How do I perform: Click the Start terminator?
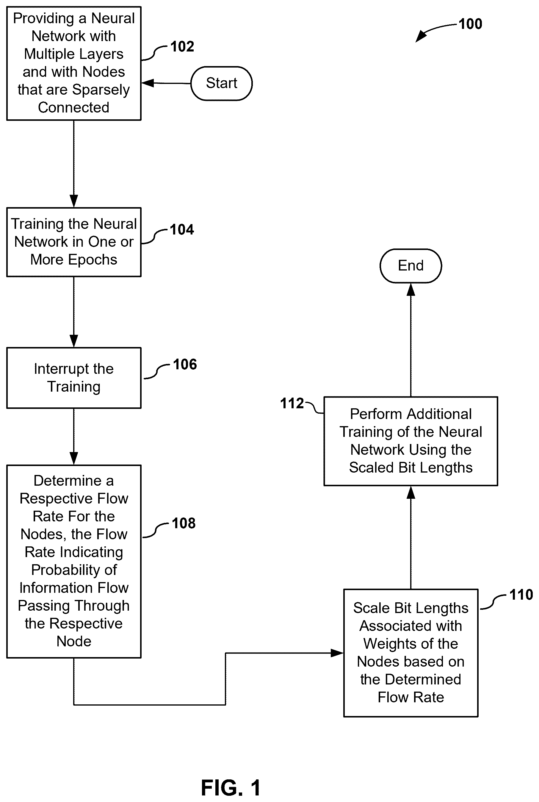point(221,83)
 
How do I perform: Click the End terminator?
point(411,266)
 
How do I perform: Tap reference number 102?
point(182,46)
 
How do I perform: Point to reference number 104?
point(182,229)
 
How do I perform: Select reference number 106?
point(185,364)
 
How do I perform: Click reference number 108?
point(184,523)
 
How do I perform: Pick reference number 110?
point(521,595)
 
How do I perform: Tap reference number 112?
point(292,403)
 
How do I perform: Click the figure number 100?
point(470,24)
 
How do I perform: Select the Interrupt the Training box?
point(74,378)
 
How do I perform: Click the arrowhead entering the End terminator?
point(411,290)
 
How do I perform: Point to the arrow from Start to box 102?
point(166,83)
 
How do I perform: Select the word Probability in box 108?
point(74,570)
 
